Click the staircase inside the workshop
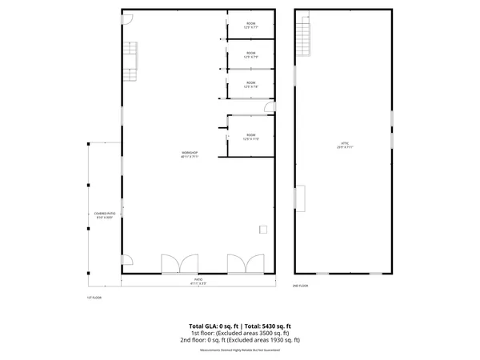[x=131, y=57]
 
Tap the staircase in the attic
[x=303, y=36]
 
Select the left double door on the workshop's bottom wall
[x=179, y=265]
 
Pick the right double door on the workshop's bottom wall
[x=246, y=265]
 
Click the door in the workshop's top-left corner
[x=128, y=22]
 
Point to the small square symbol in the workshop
[x=262, y=230]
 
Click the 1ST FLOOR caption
[x=94, y=297]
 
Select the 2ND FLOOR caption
[x=300, y=286]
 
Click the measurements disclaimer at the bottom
[x=240, y=349]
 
